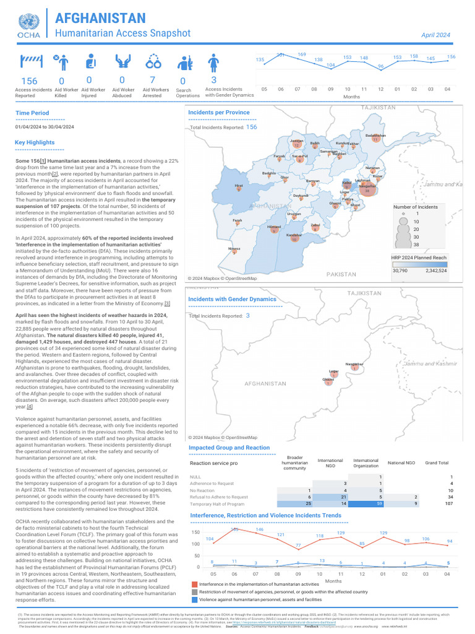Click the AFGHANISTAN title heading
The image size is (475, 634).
(101, 19)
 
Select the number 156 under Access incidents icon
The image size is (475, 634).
(29, 81)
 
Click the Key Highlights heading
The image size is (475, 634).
(35, 142)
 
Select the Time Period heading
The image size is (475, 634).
(32, 113)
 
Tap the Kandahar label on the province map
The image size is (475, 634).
(294, 235)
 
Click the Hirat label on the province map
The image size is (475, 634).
(238, 185)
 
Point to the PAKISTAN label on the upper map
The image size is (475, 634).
(341, 274)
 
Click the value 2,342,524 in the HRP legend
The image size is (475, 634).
(437, 271)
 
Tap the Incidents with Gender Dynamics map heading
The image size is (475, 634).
(232, 299)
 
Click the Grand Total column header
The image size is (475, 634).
(437, 462)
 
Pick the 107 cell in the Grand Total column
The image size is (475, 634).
(448, 504)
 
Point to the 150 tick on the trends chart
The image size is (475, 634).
(195, 532)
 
